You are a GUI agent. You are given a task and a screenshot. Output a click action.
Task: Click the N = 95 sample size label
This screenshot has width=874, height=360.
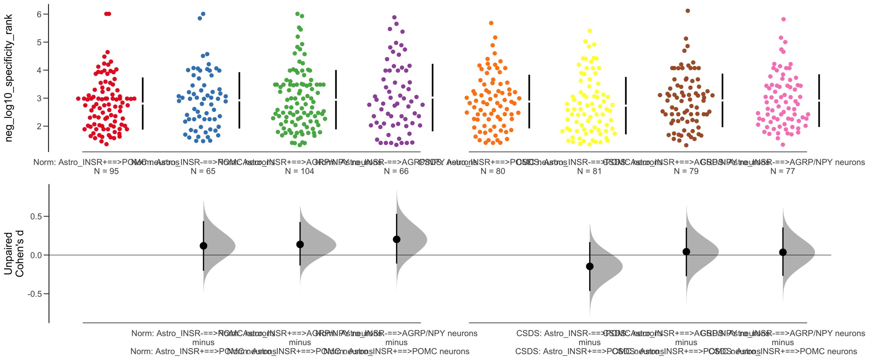(106, 171)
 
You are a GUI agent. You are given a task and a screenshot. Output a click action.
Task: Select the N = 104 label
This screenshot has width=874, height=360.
(299, 171)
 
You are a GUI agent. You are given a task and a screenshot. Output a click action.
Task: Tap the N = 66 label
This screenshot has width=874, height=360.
(396, 171)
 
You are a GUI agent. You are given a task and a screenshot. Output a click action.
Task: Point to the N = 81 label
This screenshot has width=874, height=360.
(589, 171)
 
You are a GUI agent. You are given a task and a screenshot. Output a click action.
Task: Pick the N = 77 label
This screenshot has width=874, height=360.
(783, 171)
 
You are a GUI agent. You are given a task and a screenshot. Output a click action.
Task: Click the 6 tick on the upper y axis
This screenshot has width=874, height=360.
(39, 14)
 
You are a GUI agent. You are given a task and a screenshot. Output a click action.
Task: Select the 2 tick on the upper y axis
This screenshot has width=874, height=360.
(39, 126)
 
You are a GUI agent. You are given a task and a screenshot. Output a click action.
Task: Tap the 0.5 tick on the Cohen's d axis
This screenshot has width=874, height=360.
(36, 217)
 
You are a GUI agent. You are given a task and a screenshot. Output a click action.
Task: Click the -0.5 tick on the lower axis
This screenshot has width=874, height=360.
(35, 294)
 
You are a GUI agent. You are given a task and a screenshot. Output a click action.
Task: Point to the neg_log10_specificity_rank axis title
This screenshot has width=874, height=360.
(9, 78)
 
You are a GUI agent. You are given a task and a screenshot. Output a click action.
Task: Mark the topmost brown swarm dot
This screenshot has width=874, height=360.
(688, 11)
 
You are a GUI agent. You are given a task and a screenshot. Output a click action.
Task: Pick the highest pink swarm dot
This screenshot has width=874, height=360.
(784, 19)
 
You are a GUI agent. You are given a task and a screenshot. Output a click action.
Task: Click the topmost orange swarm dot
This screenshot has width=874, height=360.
(491, 23)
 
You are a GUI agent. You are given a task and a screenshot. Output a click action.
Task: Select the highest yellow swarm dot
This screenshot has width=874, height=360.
(590, 31)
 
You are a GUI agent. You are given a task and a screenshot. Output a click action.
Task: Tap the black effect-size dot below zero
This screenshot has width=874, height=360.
(590, 266)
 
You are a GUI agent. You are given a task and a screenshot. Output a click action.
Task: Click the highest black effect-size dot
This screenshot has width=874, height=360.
(396, 239)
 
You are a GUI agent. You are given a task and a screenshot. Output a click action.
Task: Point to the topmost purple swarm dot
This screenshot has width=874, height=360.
(394, 17)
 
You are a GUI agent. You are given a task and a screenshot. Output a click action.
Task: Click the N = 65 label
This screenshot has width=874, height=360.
(203, 171)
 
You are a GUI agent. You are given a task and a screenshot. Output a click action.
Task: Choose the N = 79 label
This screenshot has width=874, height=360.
(686, 171)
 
